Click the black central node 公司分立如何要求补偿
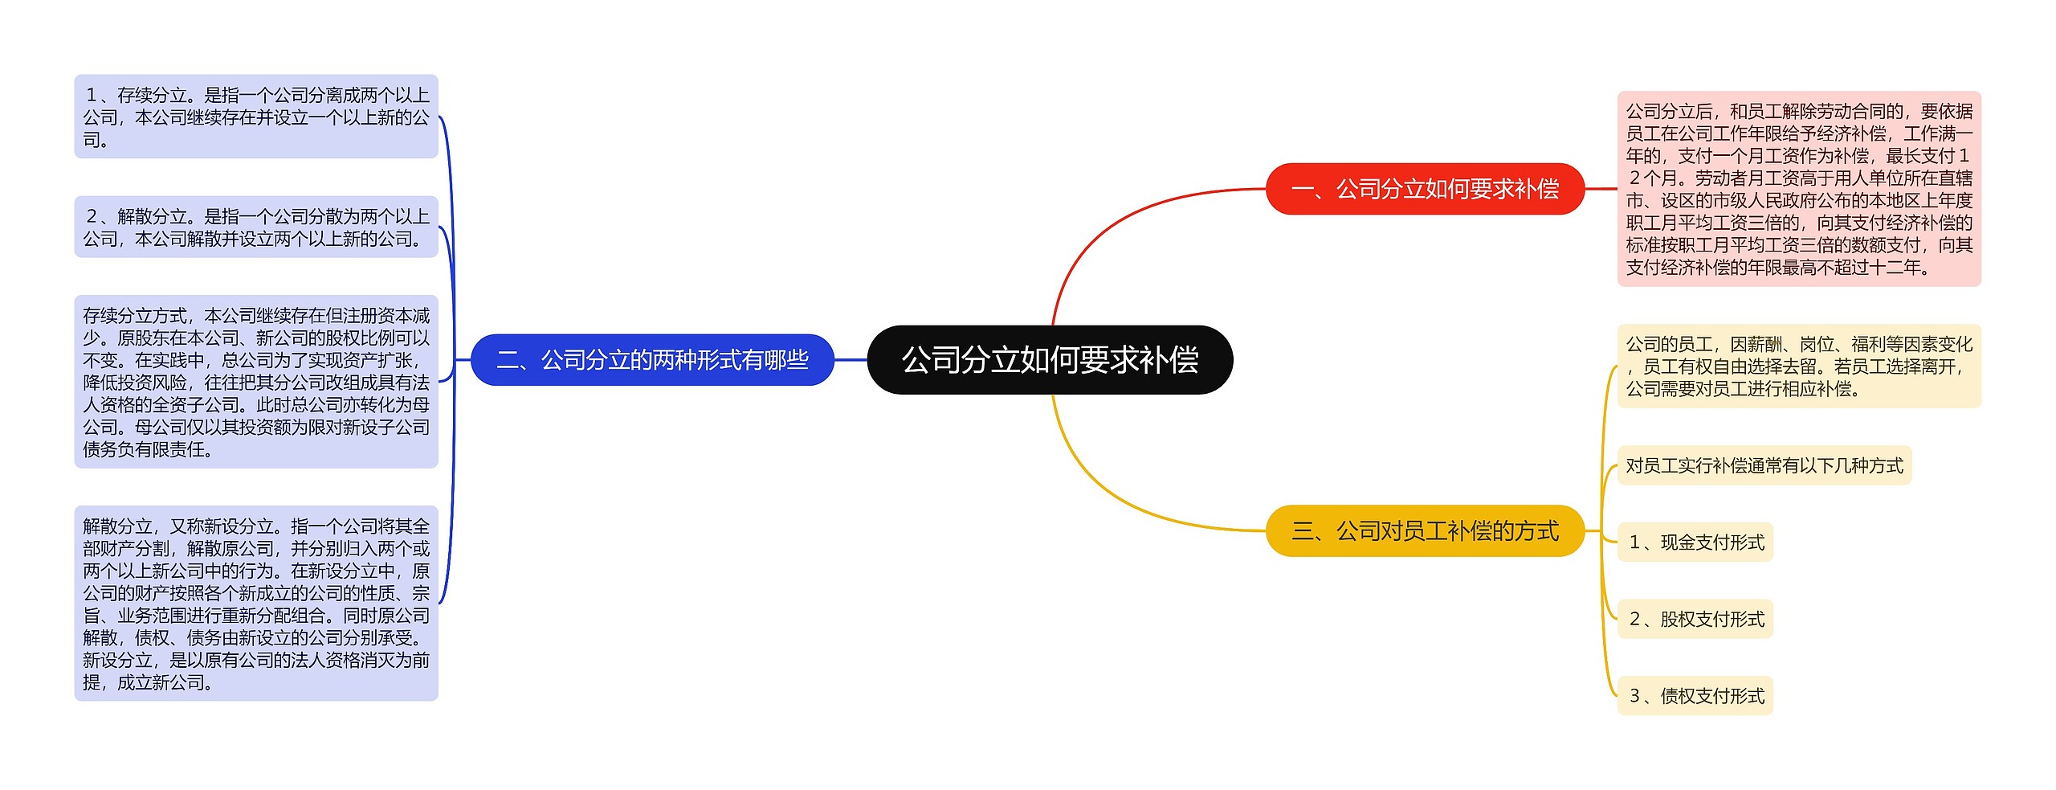tap(1049, 359)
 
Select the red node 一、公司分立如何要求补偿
tap(1424, 189)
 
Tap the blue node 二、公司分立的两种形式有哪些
tap(652, 359)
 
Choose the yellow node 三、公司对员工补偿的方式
tap(1424, 530)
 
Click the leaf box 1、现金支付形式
tap(1695, 542)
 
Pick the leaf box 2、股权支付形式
tap(1695, 619)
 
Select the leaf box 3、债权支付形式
tap(1695, 695)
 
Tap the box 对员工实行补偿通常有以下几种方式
tap(1764, 465)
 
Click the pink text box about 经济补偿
tap(1798, 189)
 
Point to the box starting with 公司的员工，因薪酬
tap(1798, 366)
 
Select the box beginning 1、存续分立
tap(256, 117)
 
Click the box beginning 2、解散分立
tap(256, 227)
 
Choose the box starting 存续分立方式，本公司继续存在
tap(256, 382)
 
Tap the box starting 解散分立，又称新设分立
tap(256, 603)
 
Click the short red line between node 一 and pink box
tap(1601, 189)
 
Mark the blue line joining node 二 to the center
tap(851, 359)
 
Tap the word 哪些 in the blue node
tap(786, 359)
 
